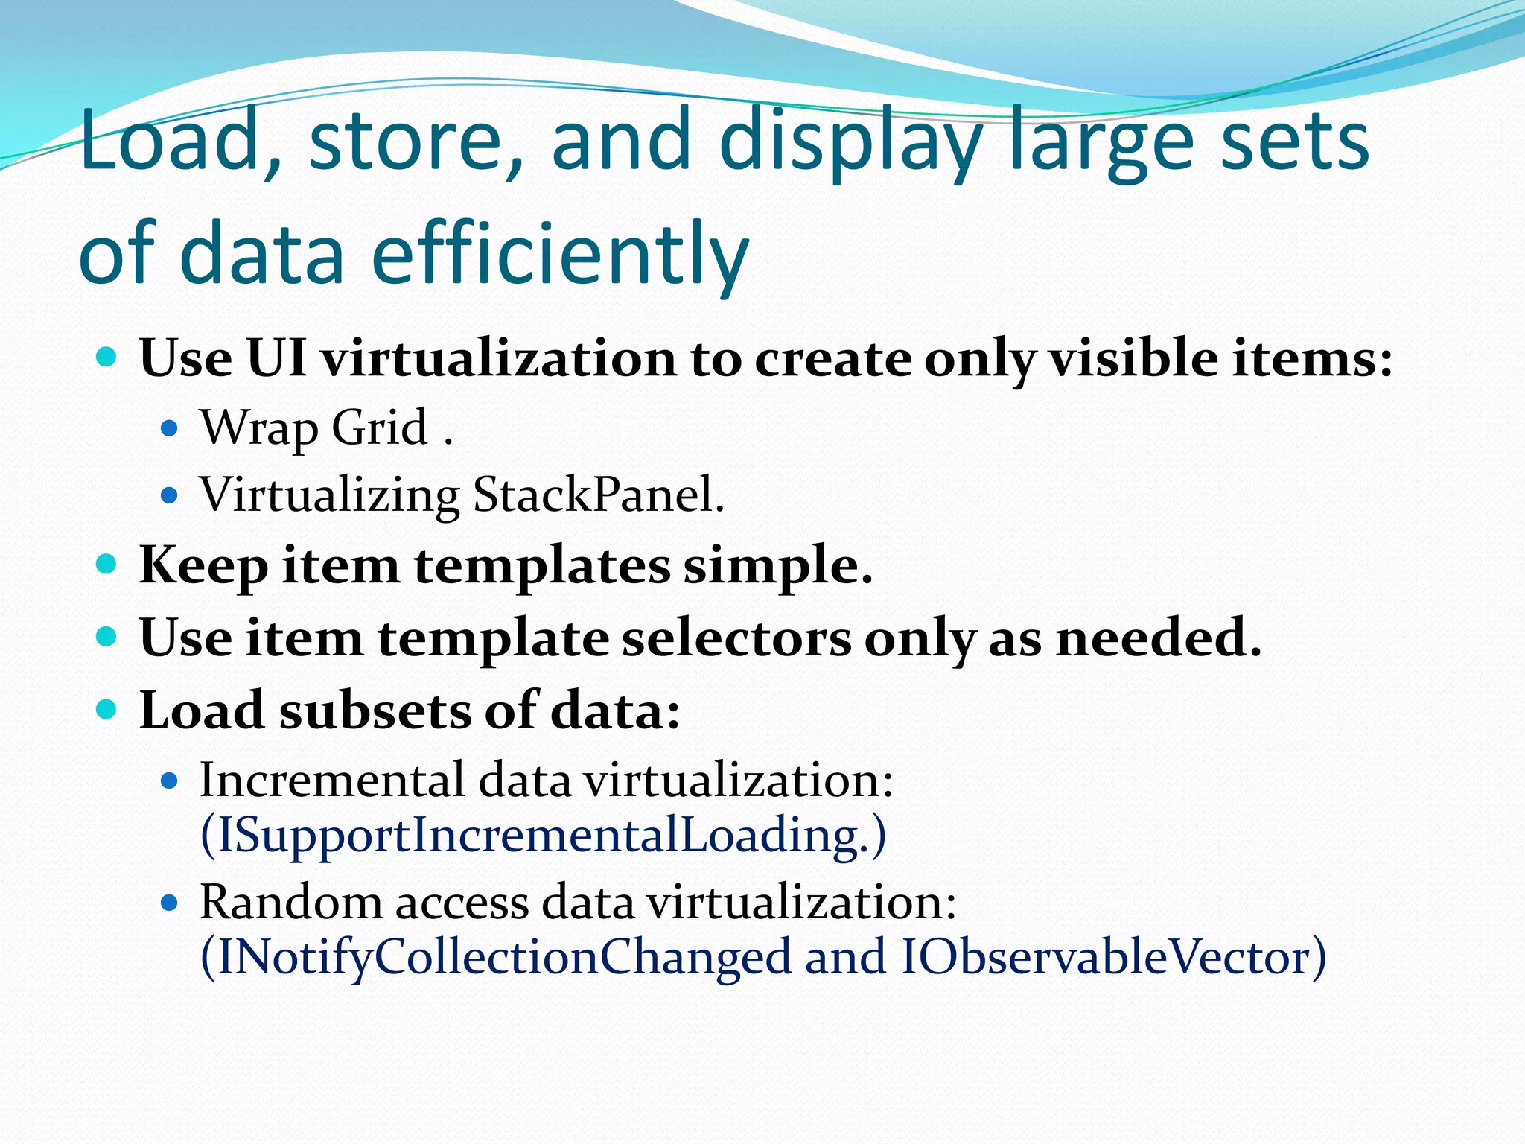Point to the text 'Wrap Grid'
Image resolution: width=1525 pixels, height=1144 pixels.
(x=313, y=428)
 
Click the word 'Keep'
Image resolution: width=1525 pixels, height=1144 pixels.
(x=203, y=566)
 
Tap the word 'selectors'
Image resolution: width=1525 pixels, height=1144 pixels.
(x=736, y=638)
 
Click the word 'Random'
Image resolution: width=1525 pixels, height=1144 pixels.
(x=290, y=903)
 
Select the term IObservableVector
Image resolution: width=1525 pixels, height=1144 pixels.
(x=1105, y=958)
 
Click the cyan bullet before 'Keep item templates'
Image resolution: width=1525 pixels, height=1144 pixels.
(x=107, y=564)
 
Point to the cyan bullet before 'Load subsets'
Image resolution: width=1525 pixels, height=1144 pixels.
(x=107, y=709)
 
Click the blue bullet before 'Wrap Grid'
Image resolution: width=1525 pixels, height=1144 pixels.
(x=170, y=428)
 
